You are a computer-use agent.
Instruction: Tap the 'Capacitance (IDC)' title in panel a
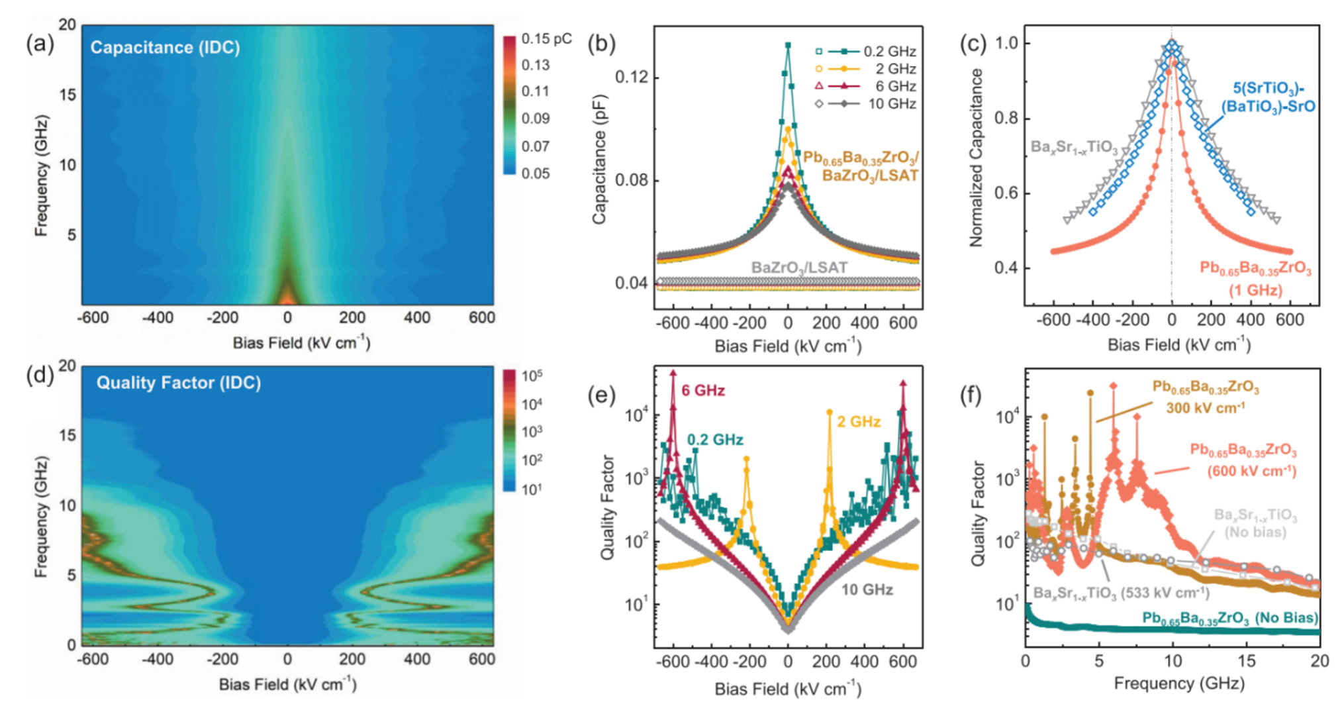point(165,48)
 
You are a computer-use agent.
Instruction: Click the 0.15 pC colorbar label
point(546,39)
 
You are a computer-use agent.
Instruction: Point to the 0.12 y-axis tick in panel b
point(632,77)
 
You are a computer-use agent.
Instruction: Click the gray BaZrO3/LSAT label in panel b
point(799,268)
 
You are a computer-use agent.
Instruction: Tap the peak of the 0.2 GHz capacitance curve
point(788,46)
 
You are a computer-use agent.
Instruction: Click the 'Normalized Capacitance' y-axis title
point(976,158)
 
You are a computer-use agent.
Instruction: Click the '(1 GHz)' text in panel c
point(1255,290)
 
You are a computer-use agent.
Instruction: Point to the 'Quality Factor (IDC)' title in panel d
point(178,383)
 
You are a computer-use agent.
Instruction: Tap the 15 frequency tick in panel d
point(68,436)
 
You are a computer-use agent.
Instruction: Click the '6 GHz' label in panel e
point(703,391)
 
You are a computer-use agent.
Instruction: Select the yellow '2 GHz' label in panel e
point(859,422)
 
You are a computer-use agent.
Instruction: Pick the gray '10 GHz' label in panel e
point(867,589)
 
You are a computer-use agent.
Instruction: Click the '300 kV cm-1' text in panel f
point(1205,408)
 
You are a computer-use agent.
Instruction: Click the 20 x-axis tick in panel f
point(1319,661)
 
